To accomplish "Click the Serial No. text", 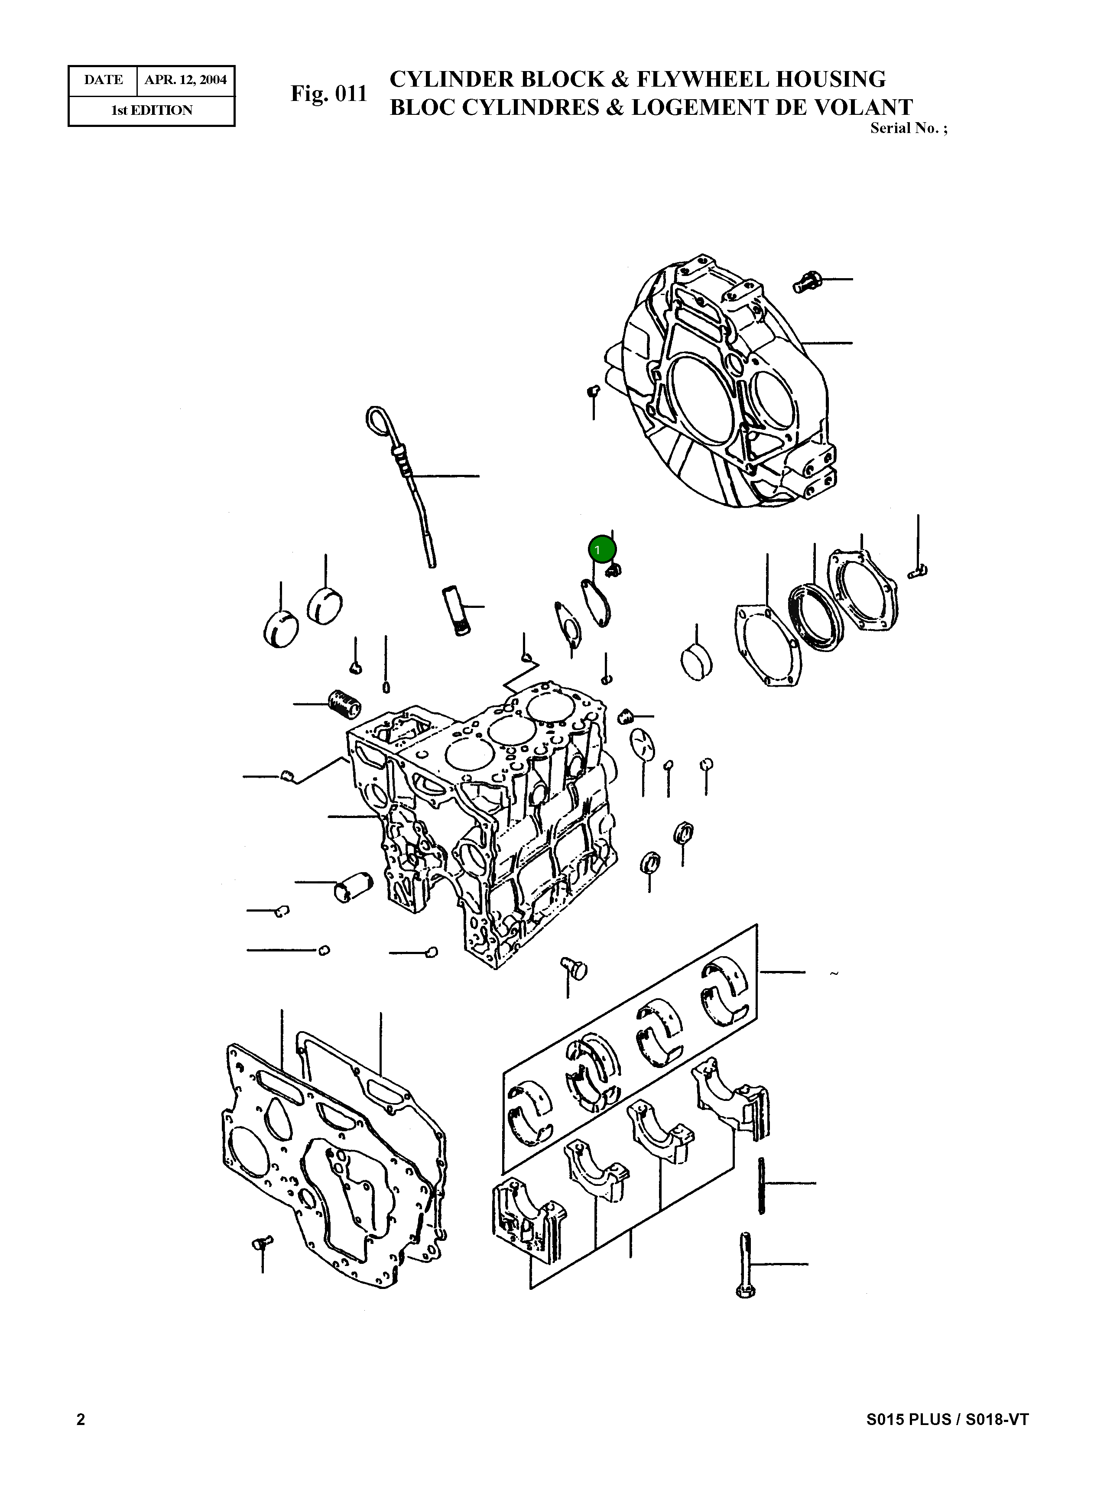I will [x=907, y=129].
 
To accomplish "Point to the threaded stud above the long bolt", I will [x=762, y=1186].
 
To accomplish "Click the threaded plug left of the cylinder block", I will [x=344, y=703].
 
